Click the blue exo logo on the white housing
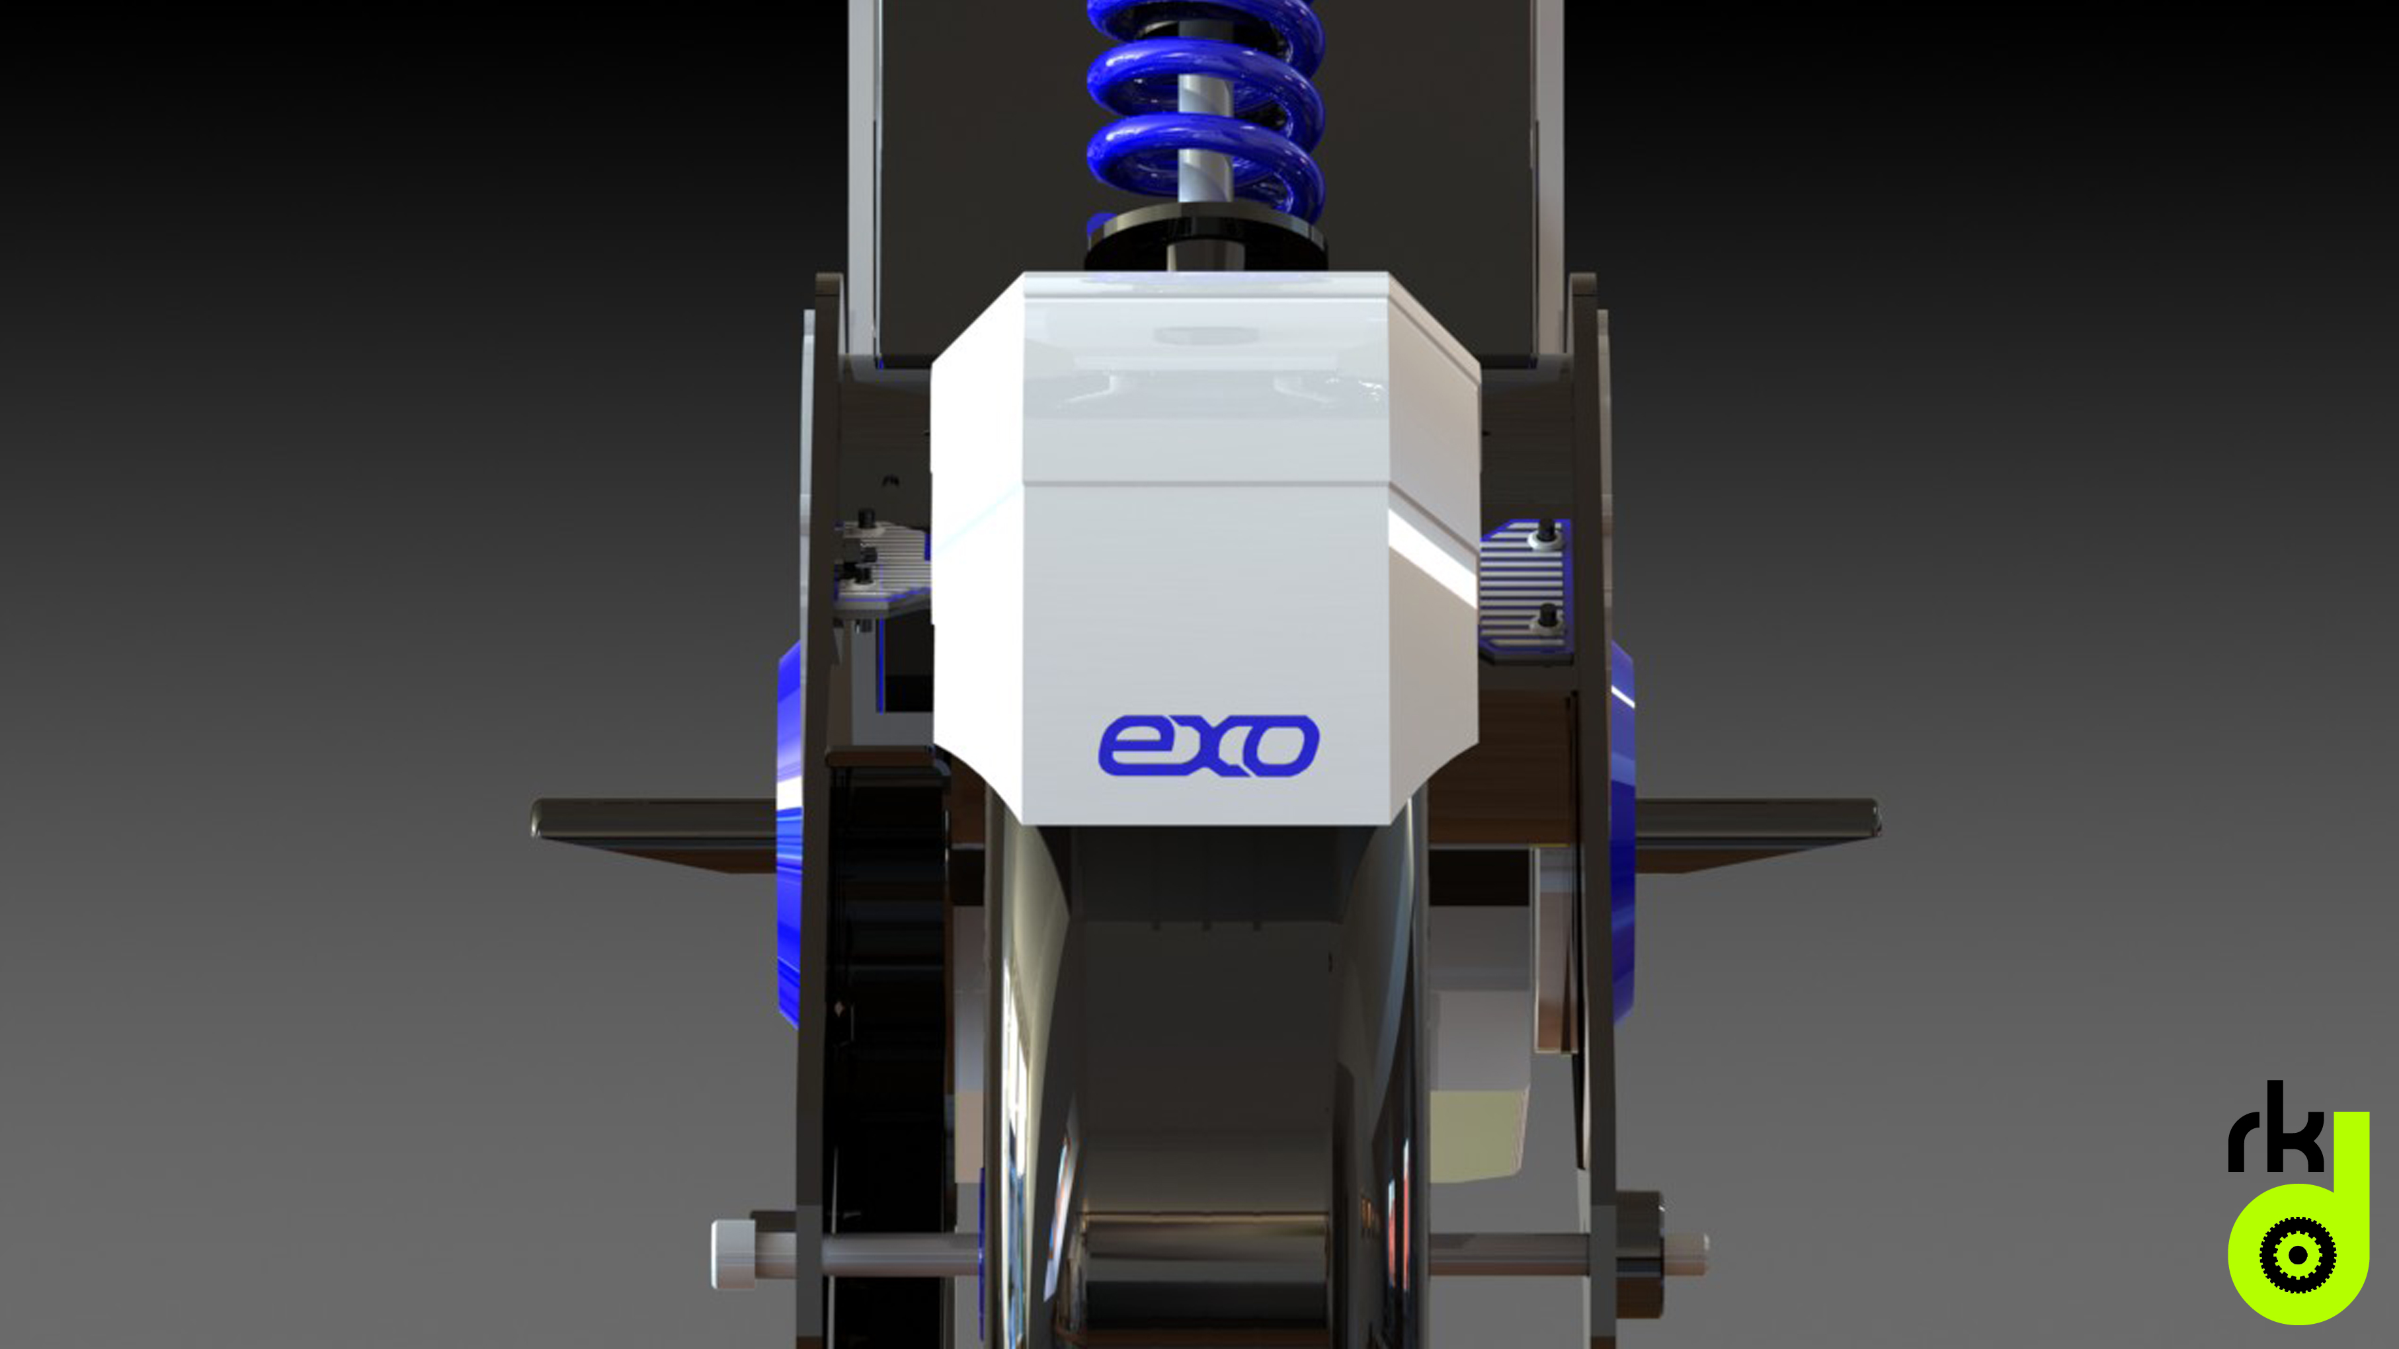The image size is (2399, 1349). pos(1209,745)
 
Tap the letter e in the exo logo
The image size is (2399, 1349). pos(1131,746)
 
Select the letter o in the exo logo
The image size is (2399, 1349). pos(1283,746)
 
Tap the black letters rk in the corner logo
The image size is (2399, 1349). pos(2272,1131)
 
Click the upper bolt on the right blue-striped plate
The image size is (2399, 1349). pos(1547,531)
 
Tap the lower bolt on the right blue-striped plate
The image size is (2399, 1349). pos(1547,615)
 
